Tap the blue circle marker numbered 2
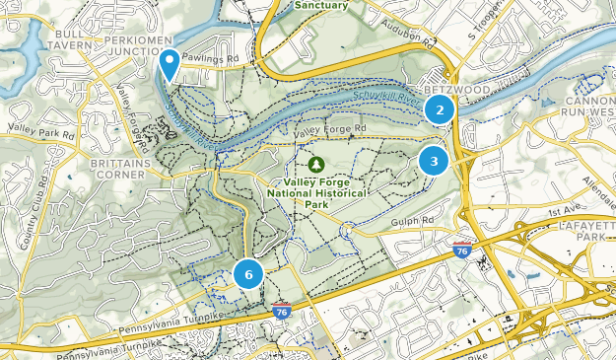(440, 109)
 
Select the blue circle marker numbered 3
(434, 160)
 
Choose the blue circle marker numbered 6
(248, 274)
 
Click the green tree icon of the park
(316, 164)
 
